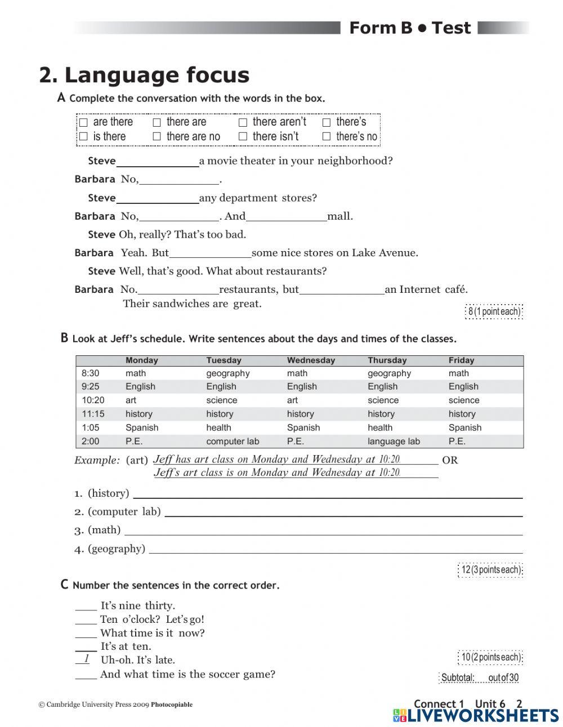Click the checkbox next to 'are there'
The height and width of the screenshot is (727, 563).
(83, 122)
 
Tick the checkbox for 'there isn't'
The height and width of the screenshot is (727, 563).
(243, 136)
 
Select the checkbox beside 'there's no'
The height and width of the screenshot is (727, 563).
(326, 136)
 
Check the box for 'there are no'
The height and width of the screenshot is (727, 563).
(157, 136)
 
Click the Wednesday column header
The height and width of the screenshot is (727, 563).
(311, 360)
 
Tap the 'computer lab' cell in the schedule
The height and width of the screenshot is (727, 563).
(233, 441)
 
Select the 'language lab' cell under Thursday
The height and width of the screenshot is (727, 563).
(394, 441)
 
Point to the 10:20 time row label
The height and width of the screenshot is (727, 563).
(93, 400)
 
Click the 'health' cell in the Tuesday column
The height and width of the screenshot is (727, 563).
(218, 427)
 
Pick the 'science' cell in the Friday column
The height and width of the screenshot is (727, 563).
(464, 400)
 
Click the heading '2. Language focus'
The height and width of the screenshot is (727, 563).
(144, 75)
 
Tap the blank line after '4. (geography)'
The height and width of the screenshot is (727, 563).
(336, 549)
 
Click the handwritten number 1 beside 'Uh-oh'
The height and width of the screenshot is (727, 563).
(86, 659)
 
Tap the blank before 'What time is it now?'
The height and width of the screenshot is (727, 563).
(86, 634)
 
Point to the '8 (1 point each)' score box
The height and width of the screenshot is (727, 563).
(494, 311)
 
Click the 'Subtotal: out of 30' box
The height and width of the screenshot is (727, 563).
(480, 677)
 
